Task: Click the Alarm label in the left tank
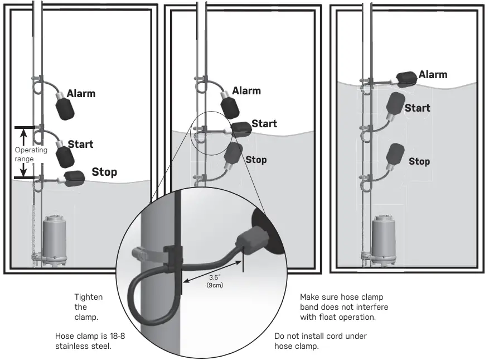(x=81, y=93)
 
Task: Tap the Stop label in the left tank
(x=104, y=172)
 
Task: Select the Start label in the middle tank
(x=264, y=124)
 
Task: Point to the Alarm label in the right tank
(x=433, y=75)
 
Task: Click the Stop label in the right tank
(x=419, y=161)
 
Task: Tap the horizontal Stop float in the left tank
(x=75, y=178)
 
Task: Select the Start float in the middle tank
(x=241, y=129)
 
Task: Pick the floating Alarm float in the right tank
(x=406, y=79)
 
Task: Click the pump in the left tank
(x=54, y=240)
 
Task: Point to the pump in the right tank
(x=384, y=240)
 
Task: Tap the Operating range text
(x=31, y=154)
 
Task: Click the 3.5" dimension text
(x=215, y=277)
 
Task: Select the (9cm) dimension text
(x=215, y=285)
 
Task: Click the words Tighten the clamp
(x=88, y=307)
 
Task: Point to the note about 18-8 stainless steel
(x=90, y=341)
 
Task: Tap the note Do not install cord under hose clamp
(x=320, y=341)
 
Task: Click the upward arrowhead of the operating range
(x=24, y=132)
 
